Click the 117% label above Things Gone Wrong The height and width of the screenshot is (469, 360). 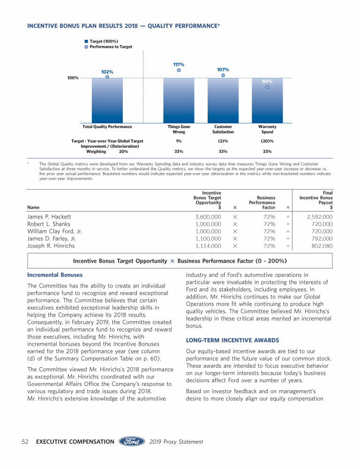pos(179,65)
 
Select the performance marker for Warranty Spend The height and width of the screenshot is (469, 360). pos(267,87)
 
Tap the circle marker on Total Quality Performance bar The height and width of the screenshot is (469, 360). pos(107,77)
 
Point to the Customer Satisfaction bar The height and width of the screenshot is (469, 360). pos(223,101)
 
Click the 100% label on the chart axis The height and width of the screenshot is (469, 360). pos(73,78)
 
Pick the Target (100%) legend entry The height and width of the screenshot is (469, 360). pos(104,41)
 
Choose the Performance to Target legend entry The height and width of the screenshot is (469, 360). pos(111,47)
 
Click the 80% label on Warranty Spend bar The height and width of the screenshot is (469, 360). pos(267,81)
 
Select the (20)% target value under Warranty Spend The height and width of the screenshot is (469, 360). pos(267,141)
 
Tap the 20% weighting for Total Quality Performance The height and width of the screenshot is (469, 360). pos(124,151)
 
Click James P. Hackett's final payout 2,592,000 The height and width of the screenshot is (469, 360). pos(320,217)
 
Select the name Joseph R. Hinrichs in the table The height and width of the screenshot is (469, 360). pos(51,246)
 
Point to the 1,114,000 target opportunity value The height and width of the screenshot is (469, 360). pos(209,246)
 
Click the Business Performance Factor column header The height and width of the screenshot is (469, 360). pos(262,203)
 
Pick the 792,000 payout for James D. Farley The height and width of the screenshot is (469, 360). pos(322,239)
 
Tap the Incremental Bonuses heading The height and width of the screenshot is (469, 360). pos(55,275)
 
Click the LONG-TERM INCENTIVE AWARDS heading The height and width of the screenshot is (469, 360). pos(232,340)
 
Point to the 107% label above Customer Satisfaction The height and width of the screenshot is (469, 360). pos(223,69)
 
